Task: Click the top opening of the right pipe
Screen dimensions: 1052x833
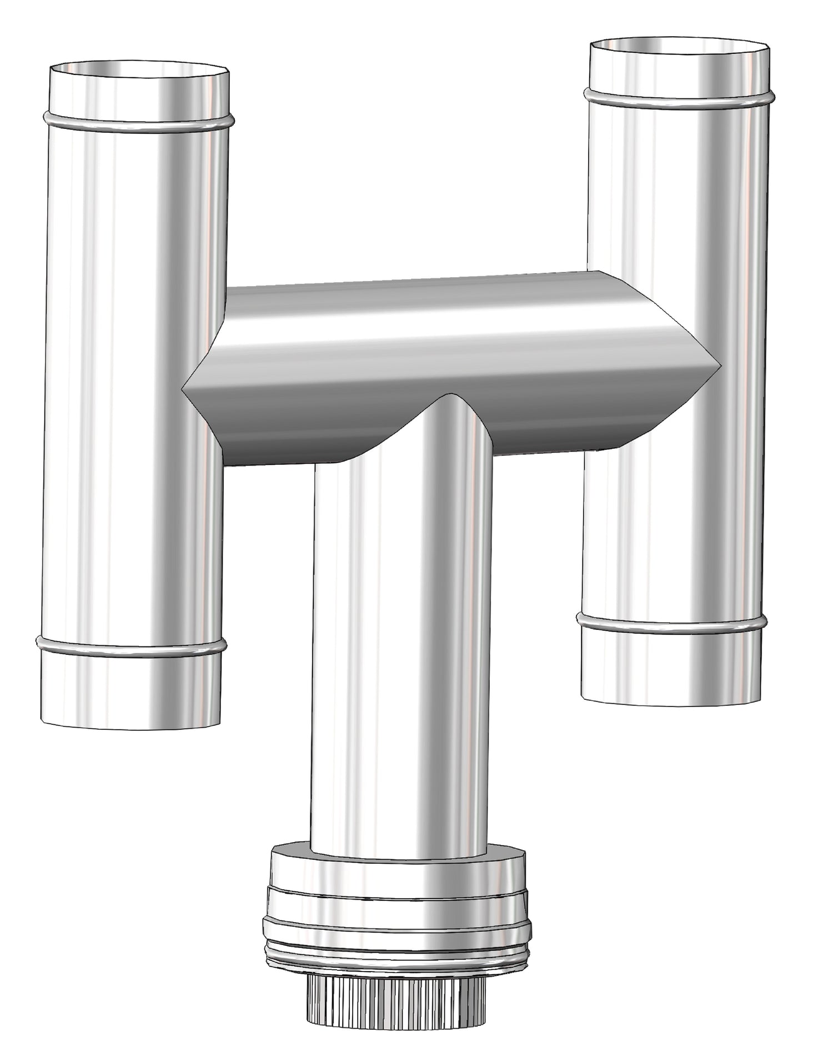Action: [680, 48]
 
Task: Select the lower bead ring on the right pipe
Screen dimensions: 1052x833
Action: [672, 624]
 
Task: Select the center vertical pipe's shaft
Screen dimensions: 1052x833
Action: [400, 639]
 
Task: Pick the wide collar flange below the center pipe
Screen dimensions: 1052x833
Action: [397, 911]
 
